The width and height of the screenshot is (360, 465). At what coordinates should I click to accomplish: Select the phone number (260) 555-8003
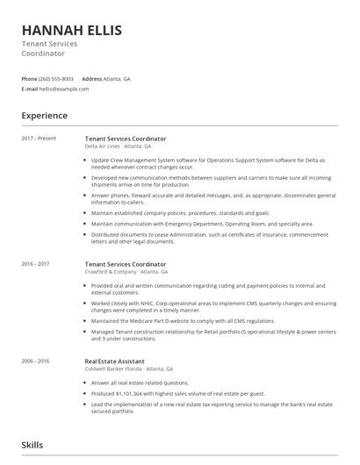pos(57,79)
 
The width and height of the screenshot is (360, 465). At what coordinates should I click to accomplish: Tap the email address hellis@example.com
pos(67,89)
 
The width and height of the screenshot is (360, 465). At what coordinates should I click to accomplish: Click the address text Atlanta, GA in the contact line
pos(118,79)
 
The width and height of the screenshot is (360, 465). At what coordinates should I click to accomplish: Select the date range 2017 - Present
pos(40,139)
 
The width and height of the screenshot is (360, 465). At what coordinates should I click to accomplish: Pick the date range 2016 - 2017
pos(36,264)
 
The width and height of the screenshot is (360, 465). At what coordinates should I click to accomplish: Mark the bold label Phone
pos(29,79)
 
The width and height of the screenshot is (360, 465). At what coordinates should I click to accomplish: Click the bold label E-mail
pos(30,89)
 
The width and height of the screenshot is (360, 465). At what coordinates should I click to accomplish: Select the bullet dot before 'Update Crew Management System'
pos(86,161)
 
